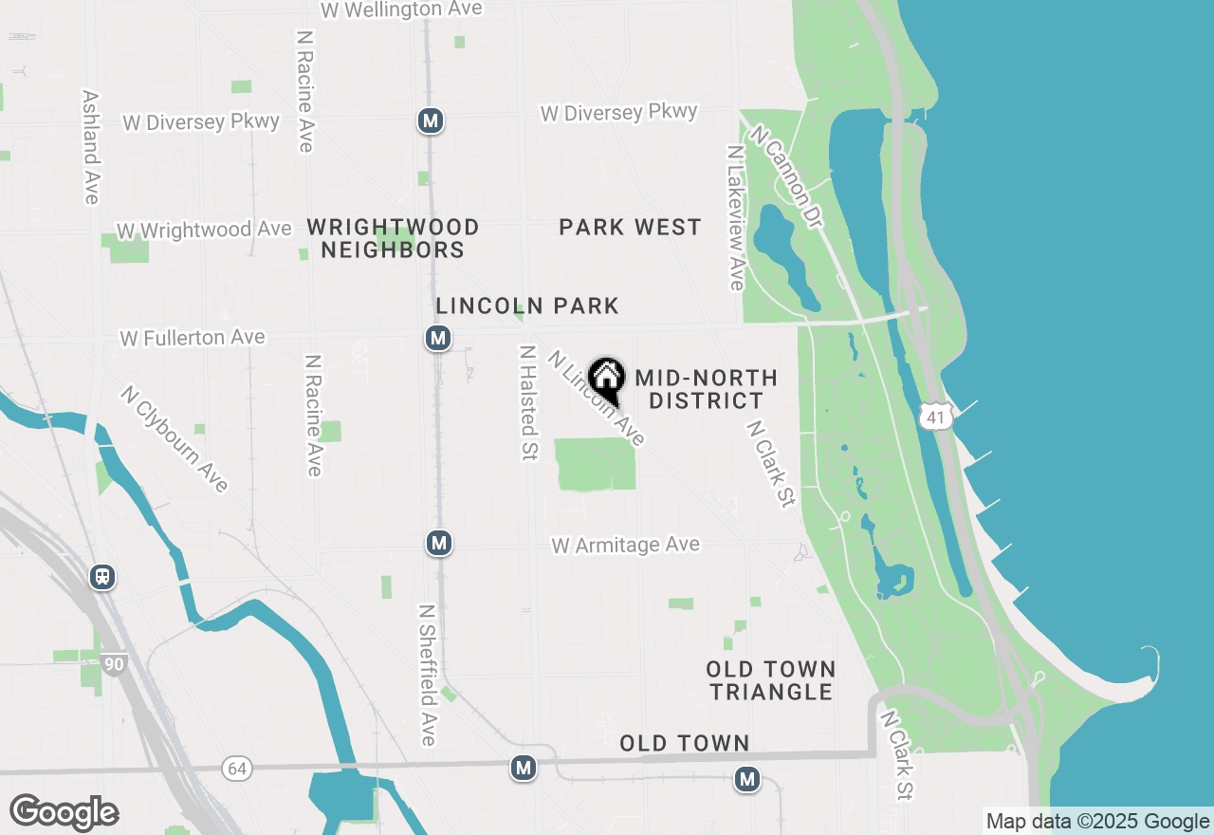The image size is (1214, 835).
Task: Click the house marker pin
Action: pos(607,380)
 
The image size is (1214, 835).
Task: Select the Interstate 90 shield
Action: pos(113,664)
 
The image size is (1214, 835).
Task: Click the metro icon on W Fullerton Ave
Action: pos(437,338)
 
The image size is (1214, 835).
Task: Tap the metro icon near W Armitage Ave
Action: pos(438,543)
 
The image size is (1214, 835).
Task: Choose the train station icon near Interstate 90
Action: pos(102,577)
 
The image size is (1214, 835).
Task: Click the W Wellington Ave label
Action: pos(401,9)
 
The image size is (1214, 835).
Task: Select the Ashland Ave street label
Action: pos(91,147)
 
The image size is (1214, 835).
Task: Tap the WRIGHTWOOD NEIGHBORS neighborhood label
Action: pos(393,238)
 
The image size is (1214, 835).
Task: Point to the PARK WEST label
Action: pos(630,228)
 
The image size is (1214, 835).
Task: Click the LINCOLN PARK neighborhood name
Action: pos(527,306)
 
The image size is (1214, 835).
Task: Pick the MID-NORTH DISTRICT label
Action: pos(706,390)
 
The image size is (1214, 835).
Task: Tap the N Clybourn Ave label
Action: pos(175,438)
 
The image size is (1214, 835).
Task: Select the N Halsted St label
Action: pos(528,402)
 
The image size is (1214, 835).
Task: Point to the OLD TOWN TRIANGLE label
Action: pos(770,680)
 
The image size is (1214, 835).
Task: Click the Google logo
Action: pos(64,813)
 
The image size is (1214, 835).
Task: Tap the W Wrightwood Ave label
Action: pos(204,231)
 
